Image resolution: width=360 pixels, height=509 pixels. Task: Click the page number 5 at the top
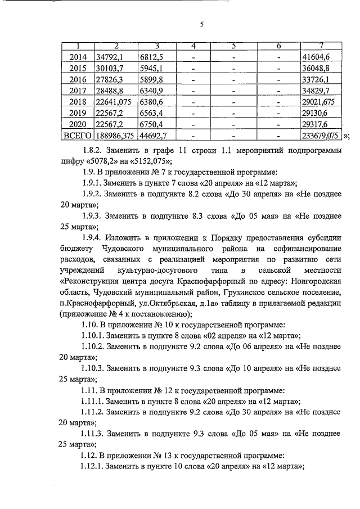(x=201, y=24)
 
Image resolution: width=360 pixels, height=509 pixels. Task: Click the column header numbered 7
(x=320, y=46)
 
